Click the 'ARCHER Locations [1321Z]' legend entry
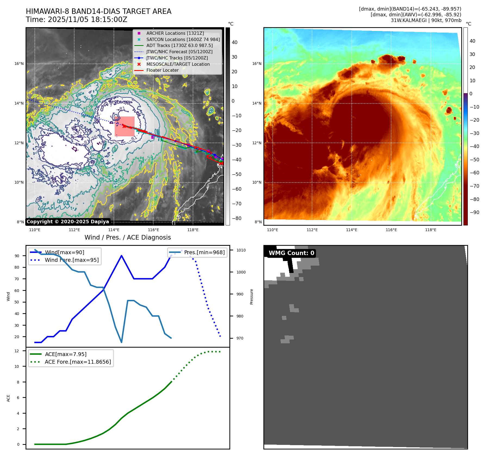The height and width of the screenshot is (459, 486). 175,33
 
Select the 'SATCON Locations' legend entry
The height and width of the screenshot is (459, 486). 183,39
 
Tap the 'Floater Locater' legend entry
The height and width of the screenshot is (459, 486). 162,70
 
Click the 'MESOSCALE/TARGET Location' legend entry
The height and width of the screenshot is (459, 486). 178,64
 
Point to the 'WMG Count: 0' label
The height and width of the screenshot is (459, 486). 291,253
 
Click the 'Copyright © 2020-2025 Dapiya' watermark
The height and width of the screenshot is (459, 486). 68,222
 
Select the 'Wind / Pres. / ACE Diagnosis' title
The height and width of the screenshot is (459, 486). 128,237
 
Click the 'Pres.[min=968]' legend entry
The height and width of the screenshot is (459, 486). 204,252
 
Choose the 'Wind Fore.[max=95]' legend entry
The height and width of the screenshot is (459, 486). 72,260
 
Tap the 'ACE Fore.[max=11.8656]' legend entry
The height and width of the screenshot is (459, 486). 78,362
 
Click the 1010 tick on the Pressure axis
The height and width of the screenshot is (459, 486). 241,250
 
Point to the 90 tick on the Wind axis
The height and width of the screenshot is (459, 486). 17,256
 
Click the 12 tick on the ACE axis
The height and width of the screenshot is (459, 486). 17,351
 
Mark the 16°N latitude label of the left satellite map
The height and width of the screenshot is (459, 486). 19,64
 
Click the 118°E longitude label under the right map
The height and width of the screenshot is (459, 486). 431,230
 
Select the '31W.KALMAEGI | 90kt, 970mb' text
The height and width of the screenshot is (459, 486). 426,20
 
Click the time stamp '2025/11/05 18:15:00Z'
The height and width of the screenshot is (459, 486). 88,20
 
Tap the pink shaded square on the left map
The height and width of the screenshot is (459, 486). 124,126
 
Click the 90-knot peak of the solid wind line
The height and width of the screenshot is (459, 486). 121,256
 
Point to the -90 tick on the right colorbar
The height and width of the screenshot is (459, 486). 475,212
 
